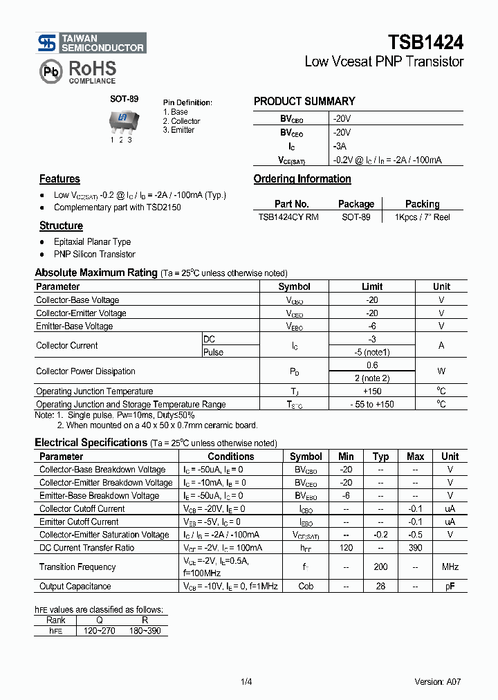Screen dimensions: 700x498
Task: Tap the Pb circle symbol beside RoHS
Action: [x=50, y=71]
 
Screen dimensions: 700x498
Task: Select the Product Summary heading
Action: [x=304, y=101]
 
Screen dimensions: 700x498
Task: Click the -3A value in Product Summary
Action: [x=340, y=147]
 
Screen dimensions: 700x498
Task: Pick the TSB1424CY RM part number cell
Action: [x=288, y=217]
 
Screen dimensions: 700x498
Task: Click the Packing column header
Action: [x=422, y=204]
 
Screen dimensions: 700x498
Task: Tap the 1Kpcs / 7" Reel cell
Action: [x=422, y=217]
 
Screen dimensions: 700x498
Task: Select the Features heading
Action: [x=59, y=179]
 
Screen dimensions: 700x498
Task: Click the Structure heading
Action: [x=61, y=226]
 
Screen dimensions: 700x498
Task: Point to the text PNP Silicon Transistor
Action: [x=95, y=255]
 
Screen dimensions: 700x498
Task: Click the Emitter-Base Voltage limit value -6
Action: [x=372, y=326]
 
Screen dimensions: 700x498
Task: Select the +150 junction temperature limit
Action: [x=372, y=392]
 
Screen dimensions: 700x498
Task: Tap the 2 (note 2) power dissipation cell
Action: [x=372, y=378]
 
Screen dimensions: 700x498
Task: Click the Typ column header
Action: [x=380, y=457]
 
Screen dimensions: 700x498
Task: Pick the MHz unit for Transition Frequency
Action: [x=450, y=567]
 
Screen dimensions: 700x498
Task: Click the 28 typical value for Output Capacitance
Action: [x=380, y=587]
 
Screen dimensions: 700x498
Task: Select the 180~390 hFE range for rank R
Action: [x=145, y=632]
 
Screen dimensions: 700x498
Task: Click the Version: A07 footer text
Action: [x=437, y=681]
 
